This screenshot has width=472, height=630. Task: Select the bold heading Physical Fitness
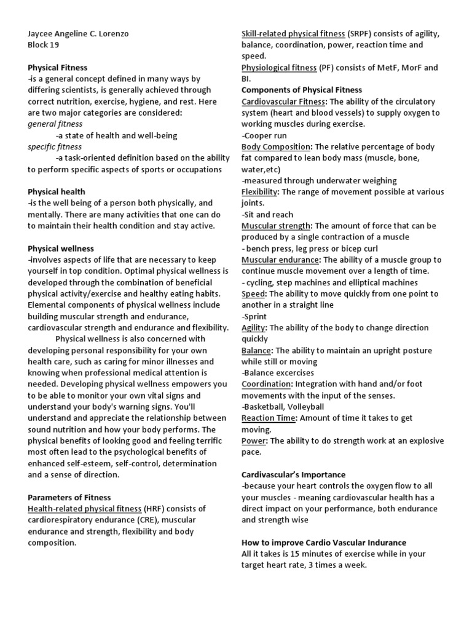[58, 68]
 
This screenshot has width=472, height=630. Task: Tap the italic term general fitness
[55, 124]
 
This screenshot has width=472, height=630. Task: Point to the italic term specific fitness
[55, 147]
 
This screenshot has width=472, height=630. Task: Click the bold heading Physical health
[57, 192]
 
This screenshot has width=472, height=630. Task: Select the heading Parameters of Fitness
[69, 497]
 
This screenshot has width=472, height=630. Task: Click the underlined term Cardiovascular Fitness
[281, 102]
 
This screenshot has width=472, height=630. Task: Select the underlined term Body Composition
[276, 147]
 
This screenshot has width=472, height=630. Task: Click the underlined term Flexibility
[260, 192]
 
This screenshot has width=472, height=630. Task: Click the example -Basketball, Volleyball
[283, 407]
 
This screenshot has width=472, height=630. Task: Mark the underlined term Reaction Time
[269, 418]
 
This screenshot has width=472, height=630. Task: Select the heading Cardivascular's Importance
[293, 475]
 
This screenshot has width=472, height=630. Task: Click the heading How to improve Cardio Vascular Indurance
[324, 543]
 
